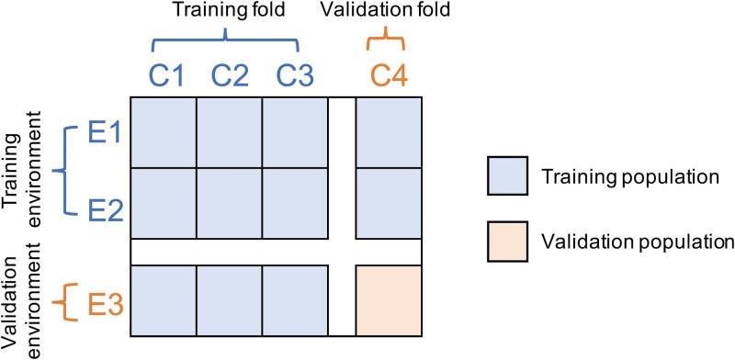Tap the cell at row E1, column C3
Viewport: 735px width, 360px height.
tap(295, 133)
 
